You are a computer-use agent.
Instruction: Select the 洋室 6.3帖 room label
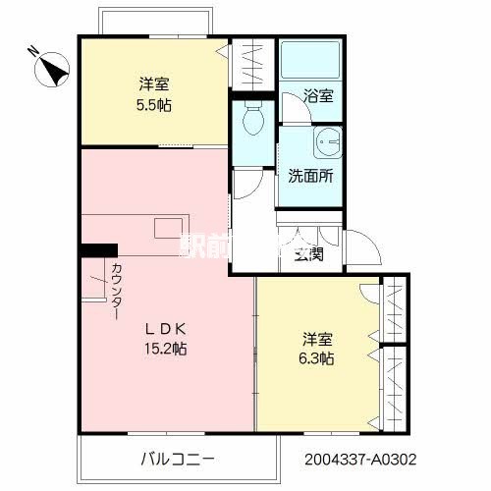[x=317, y=349]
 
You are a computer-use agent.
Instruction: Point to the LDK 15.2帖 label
[x=167, y=338]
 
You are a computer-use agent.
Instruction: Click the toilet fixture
[x=251, y=121]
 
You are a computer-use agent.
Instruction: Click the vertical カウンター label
[x=117, y=290]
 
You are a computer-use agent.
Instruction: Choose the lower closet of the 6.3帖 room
[x=396, y=389]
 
